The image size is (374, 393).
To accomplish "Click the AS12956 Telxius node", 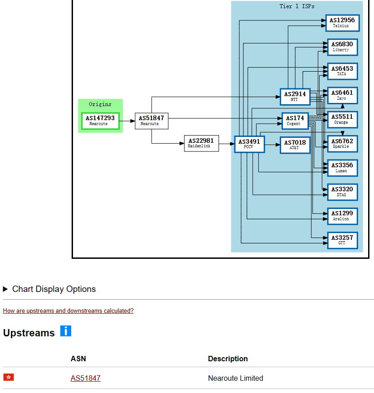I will coord(342,23).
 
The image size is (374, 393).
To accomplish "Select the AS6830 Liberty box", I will coord(342,47).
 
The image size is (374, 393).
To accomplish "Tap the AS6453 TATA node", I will coord(342,71).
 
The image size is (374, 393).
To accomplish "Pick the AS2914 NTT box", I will coord(295,97).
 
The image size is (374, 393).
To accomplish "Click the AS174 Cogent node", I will coord(295,121).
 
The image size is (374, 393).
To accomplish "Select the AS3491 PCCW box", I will coord(249,144).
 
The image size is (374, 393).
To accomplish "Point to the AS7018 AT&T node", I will coord(295,145).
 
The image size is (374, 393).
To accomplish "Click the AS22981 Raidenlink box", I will coord(201,143).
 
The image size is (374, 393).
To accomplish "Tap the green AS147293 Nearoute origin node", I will coord(100,121).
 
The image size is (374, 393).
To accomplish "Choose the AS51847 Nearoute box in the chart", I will coord(151,121).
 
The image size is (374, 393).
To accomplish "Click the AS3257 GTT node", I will coord(342,240).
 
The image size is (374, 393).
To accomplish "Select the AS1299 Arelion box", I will coord(342,216).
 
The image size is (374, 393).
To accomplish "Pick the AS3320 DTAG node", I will coord(342,192).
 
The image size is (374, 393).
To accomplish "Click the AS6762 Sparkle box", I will coord(342,144).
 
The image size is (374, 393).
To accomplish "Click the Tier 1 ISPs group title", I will coord(297,6).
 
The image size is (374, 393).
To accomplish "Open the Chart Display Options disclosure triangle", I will coord(5,289).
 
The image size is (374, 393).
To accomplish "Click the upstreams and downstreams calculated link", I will coord(68,311).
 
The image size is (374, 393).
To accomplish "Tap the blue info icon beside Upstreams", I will coord(66,331).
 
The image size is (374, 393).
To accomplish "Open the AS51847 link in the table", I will coord(86,378).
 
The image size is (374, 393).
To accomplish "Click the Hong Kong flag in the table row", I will coord(9,377).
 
